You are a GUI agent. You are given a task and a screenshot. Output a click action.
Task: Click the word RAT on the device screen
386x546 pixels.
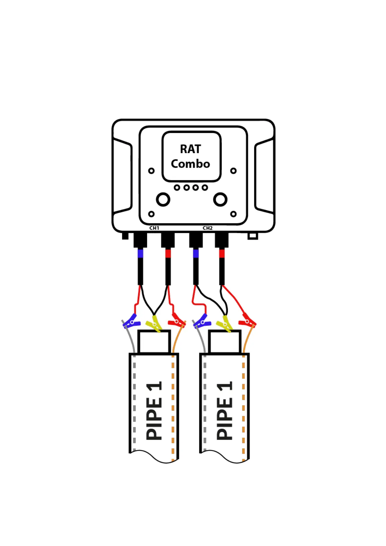(191, 149)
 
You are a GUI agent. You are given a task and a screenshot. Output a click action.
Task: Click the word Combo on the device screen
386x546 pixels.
(191, 164)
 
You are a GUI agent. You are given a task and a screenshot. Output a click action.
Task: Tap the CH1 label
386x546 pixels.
(154, 228)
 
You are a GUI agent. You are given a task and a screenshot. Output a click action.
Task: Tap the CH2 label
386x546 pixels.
(207, 228)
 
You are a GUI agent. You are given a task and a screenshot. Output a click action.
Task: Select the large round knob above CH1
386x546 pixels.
(163, 199)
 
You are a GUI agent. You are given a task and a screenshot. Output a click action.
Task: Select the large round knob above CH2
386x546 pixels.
(220, 199)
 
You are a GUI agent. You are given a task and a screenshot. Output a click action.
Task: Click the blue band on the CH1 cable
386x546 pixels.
(140, 253)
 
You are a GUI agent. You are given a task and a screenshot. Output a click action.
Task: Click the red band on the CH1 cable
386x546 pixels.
(168, 253)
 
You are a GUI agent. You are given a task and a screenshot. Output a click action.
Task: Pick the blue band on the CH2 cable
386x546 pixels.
(196, 253)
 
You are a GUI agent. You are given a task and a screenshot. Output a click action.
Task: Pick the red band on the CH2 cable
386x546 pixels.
(222, 253)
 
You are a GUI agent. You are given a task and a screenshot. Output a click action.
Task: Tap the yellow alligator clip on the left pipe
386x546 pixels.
(154, 324)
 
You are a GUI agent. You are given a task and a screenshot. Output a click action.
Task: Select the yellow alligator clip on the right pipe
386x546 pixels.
(224, 324)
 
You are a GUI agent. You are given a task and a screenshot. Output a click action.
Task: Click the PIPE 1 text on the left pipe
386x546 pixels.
(154, 411)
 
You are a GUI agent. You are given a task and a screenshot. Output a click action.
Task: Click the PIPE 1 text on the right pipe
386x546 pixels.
(224, 411)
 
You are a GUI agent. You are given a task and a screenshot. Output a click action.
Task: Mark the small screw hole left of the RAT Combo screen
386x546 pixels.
(151, 171)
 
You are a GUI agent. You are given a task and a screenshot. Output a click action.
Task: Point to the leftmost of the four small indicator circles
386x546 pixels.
(177, 187)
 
